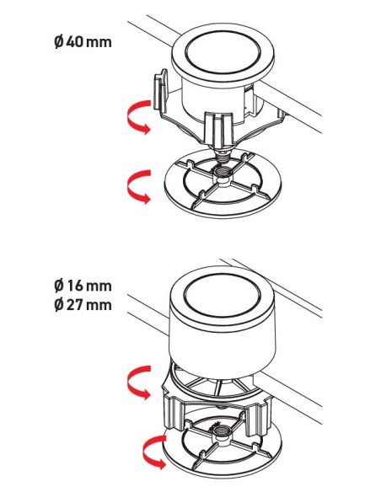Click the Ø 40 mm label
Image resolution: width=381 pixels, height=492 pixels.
(83, 42)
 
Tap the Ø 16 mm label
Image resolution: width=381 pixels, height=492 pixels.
(83, 286)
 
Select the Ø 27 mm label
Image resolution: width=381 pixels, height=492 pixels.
(83, 305)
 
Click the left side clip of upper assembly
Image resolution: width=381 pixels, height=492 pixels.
(160, 90)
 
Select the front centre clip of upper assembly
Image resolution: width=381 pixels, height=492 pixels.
(219, 130)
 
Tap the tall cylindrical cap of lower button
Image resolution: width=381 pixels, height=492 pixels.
(222, 324)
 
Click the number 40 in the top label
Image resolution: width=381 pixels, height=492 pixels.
(74, 42)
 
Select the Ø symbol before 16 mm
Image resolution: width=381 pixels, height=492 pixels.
(59, 286)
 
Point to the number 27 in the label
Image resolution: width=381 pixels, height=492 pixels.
(74, 305)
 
